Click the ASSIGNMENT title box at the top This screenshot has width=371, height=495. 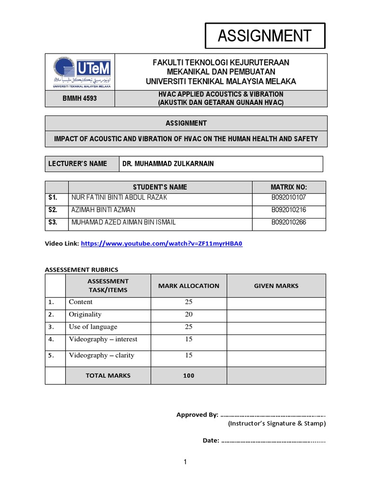click(x=265, y=36)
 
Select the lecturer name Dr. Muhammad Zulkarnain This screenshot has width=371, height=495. click(x=168, y=164)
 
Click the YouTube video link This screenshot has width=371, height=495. click(x=161, y=244)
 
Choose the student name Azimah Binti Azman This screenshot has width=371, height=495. click(x=103, y=210)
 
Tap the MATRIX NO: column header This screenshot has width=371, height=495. click(x=289, y=187)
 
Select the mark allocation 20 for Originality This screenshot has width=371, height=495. click(x=188, y=314)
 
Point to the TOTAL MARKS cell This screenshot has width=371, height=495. click(x=108, y=375)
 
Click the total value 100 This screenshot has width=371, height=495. click(x=188, y=375)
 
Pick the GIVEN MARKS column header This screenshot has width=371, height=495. click(x=276, y=286)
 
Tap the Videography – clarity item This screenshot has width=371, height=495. click(x=101, y=355)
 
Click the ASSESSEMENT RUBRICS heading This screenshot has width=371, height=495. click(x=81, y=269)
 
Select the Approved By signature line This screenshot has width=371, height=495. click(x=272, y=415)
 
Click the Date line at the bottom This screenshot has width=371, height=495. click(x=272, y=440)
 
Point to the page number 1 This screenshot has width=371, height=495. click(x=185, y=463)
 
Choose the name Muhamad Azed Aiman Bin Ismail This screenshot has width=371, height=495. click(x=123, y=222)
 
